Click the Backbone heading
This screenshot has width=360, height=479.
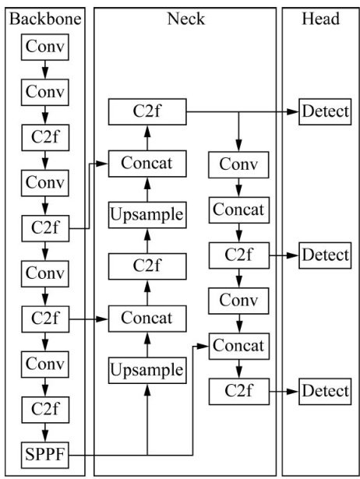(x=45, y=19)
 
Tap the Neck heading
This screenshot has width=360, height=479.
(x=185, y=19)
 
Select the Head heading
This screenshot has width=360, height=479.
(x=320, y=19)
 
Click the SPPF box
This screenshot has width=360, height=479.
(x=45, y=455)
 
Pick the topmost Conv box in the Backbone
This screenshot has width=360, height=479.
(x=45, y=47)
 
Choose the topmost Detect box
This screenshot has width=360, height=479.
(x=325, y=112)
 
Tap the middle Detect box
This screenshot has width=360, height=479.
(x=325, y=255)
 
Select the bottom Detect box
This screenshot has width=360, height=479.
(x=325, y=391)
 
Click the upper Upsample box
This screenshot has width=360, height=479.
(x=147, y=215)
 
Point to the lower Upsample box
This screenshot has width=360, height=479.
(x=147, y=370)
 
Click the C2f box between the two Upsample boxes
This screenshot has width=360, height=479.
(x=147, y=266)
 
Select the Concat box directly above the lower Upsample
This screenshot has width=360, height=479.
(x=147, y=319)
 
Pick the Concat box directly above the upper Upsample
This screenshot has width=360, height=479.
(x=147, y=164)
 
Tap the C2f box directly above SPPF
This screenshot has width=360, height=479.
(x=45, y=410)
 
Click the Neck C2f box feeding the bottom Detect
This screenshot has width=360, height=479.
(x=239, y=392)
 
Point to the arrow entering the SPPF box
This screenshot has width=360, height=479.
(x=45, y=432)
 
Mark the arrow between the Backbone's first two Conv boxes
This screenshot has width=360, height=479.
(x=45, y=69)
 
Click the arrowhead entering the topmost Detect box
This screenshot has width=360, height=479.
(x=293, y=112)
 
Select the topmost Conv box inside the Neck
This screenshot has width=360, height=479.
(x=238, y=164)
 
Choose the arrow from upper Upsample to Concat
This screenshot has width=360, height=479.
(x=147, y=189)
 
